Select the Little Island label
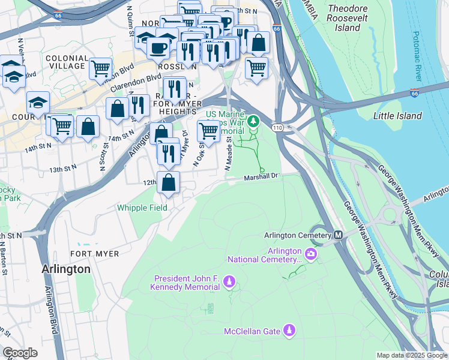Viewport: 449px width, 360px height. click(x=397, y=116)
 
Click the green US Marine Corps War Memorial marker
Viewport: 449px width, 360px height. click(x=253, y=122)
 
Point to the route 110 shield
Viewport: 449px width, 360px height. click(x=277, y=128)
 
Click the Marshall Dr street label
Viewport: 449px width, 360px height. click(x=262, y=177)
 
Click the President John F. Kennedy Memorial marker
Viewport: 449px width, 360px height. click(x=228, y=281)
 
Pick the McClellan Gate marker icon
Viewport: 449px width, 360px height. click(x=289, y=330)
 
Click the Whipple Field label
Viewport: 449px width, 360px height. click(x=142, y=207)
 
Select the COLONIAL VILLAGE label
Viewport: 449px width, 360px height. click(x=67, y=62)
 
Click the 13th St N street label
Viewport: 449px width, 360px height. click(x=63, y=170)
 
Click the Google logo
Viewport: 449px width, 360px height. click(x=20, y=353)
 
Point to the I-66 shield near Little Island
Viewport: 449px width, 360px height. click(x=415, y=94)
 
